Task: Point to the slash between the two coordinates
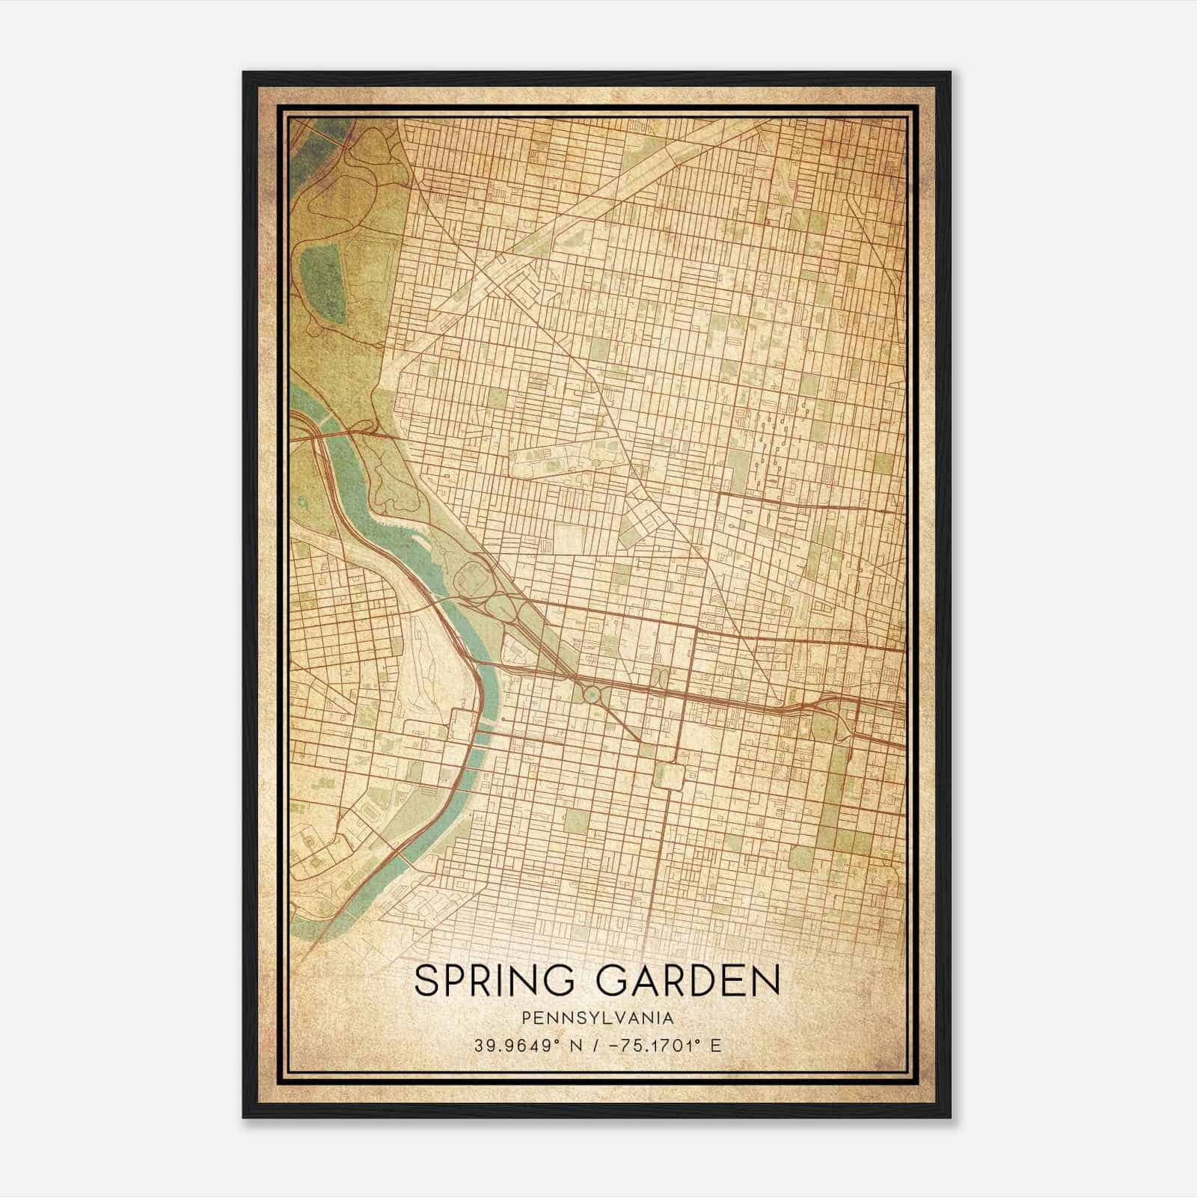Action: tap(595, 1045)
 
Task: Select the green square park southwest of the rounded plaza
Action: tap(576, 821)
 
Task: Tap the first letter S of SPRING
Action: tap(427, 981)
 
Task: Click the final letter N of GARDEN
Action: tap(766, 981)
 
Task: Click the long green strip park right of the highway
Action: tap(836, 786)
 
